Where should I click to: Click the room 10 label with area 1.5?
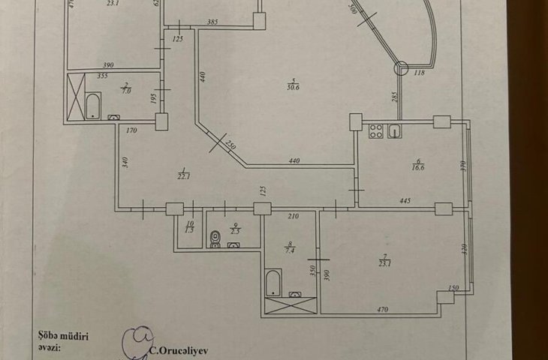(x=188, y=229)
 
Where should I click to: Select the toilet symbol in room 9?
(x=216, y=239)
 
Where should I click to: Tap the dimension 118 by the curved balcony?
(x=419, y=73)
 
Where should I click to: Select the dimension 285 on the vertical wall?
(x=392, y=96)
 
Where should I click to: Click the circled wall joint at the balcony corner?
(x=401, y=69)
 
